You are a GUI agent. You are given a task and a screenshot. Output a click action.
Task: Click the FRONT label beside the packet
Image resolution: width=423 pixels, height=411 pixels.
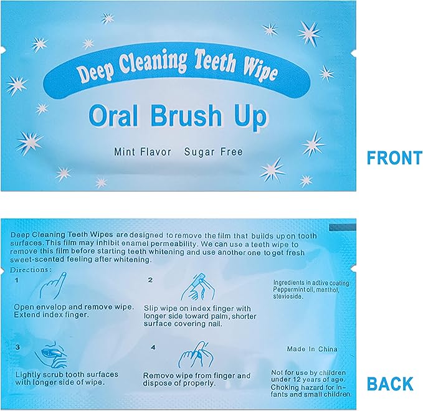pyautogui.click(x=394, y=158)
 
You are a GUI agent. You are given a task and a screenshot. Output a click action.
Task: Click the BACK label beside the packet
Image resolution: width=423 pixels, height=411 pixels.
pyautogui.click(x=390, y=384)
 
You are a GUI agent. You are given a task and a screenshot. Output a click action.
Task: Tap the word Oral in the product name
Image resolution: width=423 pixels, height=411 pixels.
pyautogui.click(x=110, y=117)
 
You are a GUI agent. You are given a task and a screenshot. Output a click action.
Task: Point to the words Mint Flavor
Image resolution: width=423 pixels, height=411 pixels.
pyautogui.click(x=142, y=152)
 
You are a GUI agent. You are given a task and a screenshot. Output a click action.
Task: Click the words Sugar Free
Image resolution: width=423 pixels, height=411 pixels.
pyautogui.click(x=213, y=152)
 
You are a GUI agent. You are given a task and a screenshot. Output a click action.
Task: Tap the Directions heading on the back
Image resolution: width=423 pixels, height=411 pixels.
pyautogui.click(x=32, y=270)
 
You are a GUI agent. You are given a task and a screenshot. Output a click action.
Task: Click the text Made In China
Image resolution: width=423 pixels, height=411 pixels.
pyautogui.click(x=310, y=349)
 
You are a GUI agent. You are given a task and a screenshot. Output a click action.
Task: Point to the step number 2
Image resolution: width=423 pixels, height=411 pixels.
pyautogui.click(x=150, y=280)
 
